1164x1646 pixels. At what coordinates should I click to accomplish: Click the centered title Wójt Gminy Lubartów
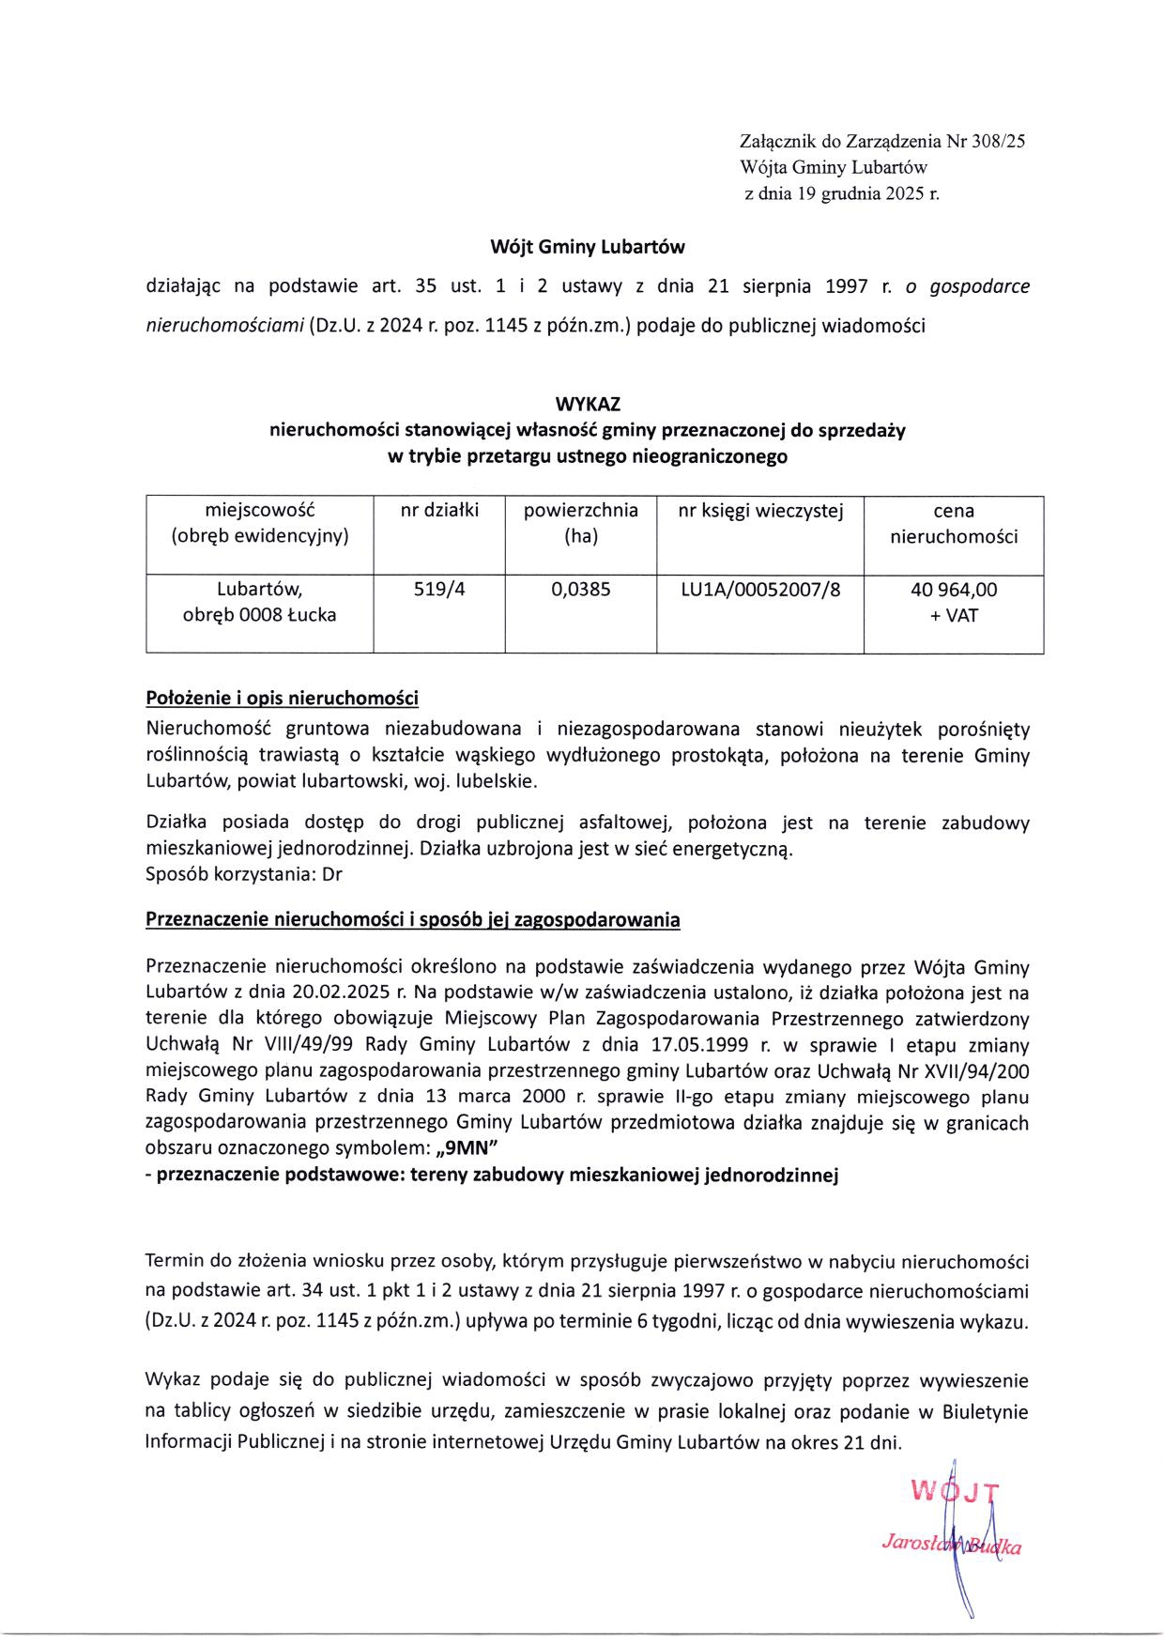(588, 248)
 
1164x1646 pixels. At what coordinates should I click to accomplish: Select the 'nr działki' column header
(439, 511)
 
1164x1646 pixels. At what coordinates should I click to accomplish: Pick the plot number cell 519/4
(439, 590)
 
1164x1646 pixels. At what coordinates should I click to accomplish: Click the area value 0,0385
(580, 590)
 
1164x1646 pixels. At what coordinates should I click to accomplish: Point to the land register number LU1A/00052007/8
(760, 590)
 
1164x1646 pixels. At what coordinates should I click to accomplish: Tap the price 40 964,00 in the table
(954, 590)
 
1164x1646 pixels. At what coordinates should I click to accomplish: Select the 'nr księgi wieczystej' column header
(760, 511)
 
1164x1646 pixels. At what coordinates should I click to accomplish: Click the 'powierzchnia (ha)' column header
(580, 523)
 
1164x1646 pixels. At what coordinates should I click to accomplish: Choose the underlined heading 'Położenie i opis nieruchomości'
(282, 699)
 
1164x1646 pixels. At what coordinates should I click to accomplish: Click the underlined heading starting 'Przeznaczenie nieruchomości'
(412, 920)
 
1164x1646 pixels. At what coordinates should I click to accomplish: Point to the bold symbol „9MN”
(468, 1148)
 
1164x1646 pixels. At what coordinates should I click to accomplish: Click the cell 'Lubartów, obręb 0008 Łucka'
(260, 603)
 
